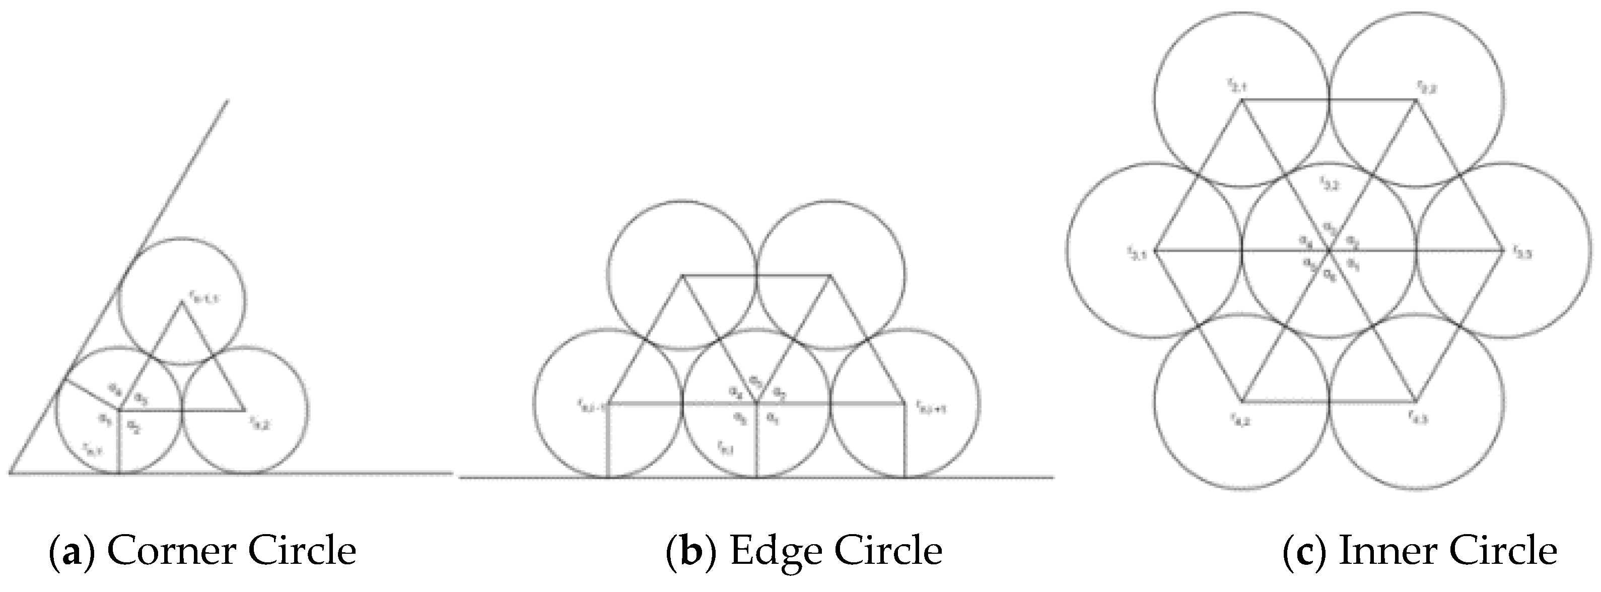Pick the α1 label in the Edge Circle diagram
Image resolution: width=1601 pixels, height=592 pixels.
(x=773, y=419)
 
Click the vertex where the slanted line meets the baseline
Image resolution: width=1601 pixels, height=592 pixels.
(x=11, y=473)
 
